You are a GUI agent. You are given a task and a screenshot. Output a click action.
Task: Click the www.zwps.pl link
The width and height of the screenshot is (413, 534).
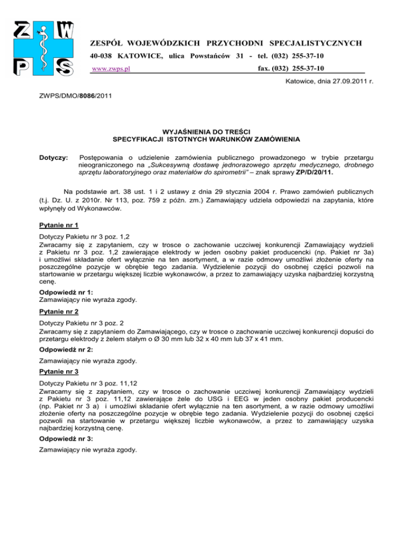pos(112,69)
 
